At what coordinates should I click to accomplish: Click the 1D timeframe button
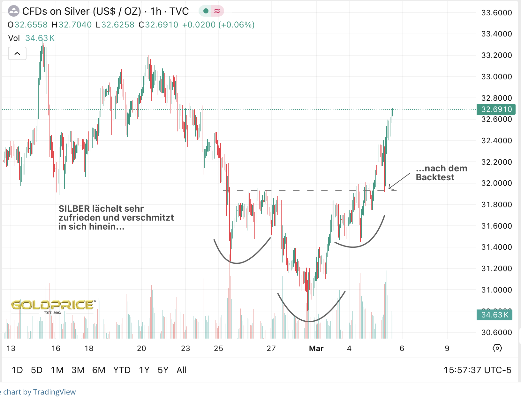click(x=17, y=370)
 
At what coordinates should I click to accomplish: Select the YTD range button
click(x=122, y=370)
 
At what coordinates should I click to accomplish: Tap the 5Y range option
click(x=163, y=370)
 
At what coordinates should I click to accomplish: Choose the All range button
click(x=181, y=370)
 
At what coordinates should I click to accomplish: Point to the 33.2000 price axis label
click(x=496, y=55)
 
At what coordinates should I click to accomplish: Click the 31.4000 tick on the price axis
click(x=496, y=247)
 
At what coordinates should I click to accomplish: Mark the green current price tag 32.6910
click(x=496, y=109)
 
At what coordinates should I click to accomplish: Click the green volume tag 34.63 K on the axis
click(x=494, y=315)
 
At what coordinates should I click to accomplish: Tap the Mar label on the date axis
click(x=316, y=348)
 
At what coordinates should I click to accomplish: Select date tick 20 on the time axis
click(x=141, y=348)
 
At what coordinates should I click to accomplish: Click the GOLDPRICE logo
click(x=53, y=305)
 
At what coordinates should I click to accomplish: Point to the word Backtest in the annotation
click(x=435, y=177)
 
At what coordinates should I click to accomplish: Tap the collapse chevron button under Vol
click(x=17, y=53)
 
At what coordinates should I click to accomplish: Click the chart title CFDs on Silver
click(x=81, y=12)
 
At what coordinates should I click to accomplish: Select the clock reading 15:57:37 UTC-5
click(x=477, y=370)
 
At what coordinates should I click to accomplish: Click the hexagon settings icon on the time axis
click(x=497, y=348)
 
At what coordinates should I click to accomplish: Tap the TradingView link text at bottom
click(x=54, y=392)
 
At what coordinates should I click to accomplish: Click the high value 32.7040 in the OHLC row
click(x=75, y=25)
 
